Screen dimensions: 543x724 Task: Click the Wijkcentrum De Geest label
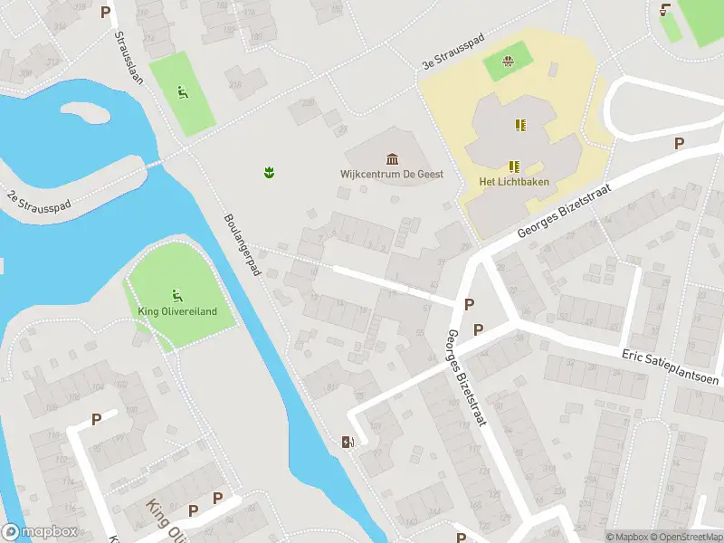coord(392,174)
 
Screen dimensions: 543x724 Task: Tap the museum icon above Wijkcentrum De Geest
coord(392,158)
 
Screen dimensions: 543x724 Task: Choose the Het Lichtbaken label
coord(514,181)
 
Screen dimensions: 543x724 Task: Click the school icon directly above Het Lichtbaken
coord(514,166)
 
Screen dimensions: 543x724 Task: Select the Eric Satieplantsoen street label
coord(670,367)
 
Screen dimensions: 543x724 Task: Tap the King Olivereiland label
coord(177,312)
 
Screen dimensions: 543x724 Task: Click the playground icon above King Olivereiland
coord(176,295)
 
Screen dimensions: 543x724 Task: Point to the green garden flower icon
coord(269,171)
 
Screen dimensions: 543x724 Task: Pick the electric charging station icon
coord(346,443)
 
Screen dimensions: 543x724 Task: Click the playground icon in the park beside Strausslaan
coord(182,91)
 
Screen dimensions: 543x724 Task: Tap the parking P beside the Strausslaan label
coord(106,13)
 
